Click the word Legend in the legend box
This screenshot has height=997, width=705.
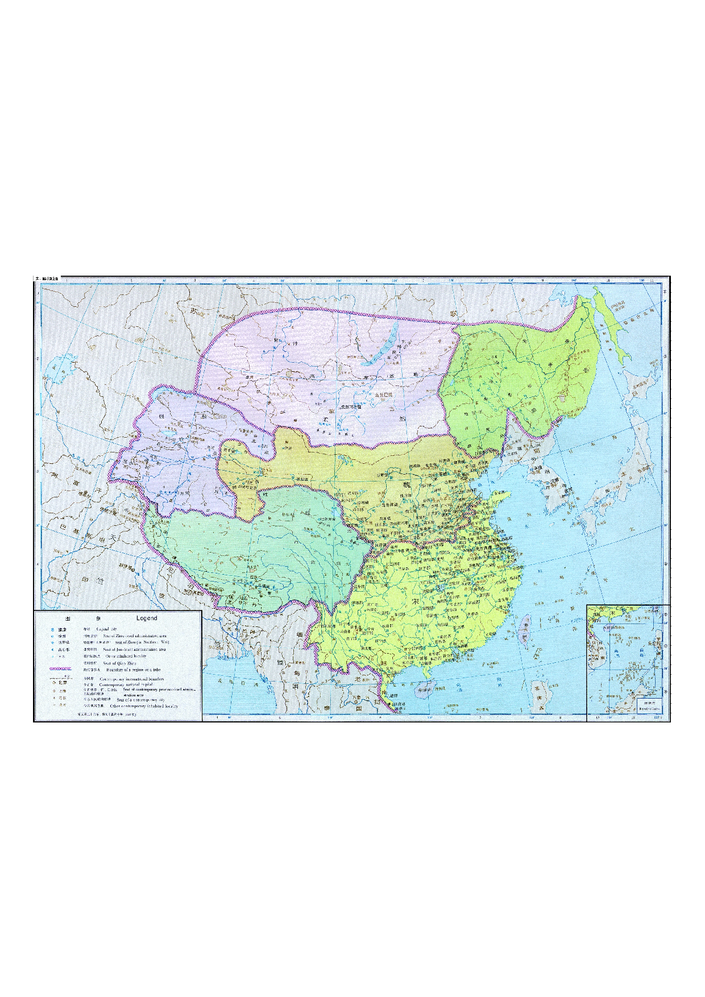(147, 618)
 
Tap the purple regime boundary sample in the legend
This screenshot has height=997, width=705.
(60, 669)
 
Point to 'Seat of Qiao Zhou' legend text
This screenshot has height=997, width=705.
(119, 663)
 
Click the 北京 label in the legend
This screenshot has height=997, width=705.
(63, 683)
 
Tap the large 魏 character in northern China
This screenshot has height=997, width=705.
(407, 484)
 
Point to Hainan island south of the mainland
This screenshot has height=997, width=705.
(425, 691)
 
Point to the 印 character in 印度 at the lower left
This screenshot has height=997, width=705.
(85, 580)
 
